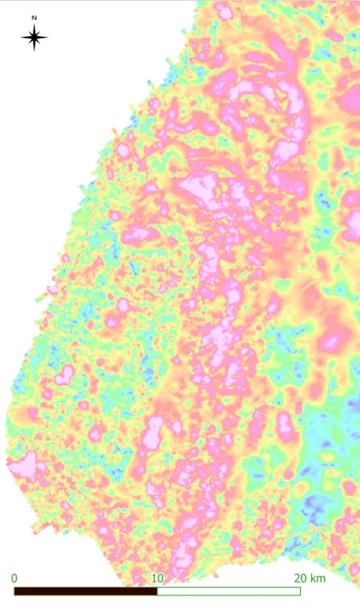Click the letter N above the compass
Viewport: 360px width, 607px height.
pyautogui.click(x=34, y=17)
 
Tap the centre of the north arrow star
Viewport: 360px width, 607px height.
pyautogui.click(x=34, y=37)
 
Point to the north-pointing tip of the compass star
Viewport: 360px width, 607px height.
pyautogui.click(x=34, y=24)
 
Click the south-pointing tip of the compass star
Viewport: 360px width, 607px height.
pyautogui.click(x=34, y=51)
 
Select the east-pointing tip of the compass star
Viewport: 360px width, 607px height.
pyautogui.click(x=48, y=37)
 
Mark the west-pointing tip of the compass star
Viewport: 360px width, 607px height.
pyautogui.click(x=20, y=37)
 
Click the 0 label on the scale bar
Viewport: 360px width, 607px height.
pyautogui.click(x=14, y=578)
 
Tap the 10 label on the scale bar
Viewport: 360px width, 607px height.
pyautogui.click(x=156, y=578)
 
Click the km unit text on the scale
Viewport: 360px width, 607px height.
pyautogui.click(x=318, y=578)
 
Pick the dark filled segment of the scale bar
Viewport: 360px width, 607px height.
pyautogui.click(x=85, y=591)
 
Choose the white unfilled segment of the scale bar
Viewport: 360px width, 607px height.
pyautogui.click(x=228, y=591)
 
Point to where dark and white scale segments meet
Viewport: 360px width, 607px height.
pyautogui.click(x=157, y=591)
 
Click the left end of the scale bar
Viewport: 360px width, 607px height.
pyautogui.click(x=14, y=591)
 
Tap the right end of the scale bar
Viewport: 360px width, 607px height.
pyautogui.click(x=300, y=591)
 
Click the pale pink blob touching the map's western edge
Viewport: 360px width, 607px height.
pyautogui.click(x=23, y=465)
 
